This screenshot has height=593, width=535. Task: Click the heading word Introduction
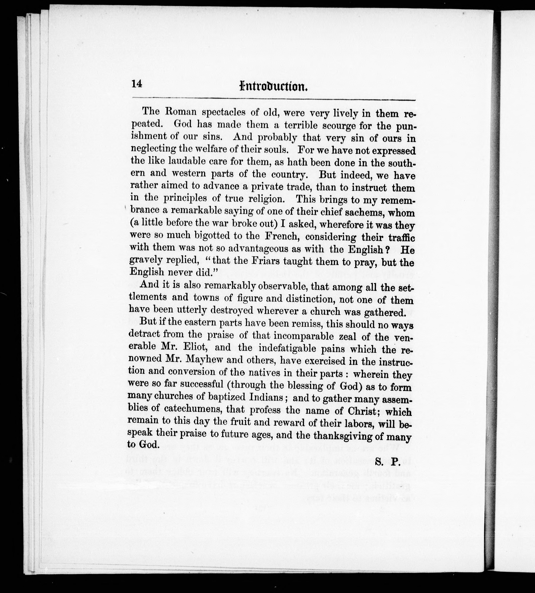click(x=273, y=86)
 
